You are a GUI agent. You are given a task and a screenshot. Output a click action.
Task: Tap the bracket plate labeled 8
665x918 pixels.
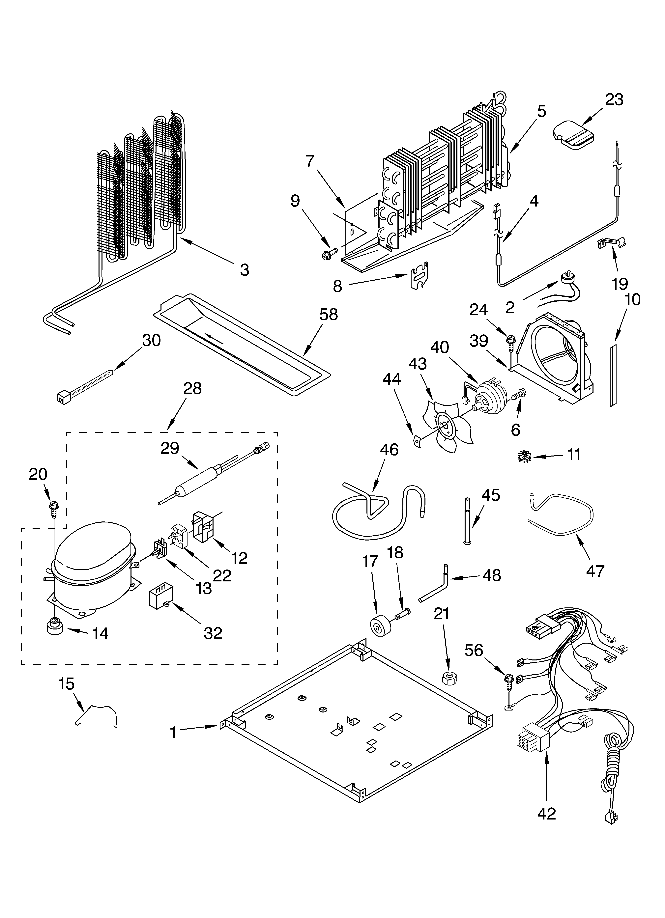coord(419,275)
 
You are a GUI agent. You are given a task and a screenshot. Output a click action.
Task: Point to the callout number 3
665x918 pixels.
coord(244,270)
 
